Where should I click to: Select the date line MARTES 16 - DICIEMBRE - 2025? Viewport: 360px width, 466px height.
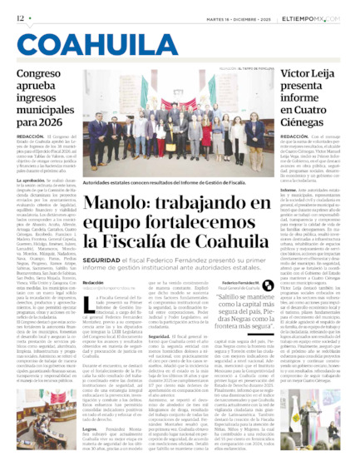click(x=254, y=17)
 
